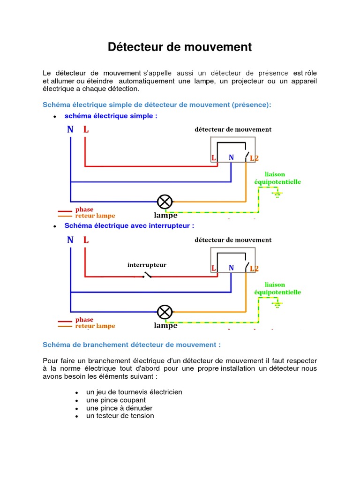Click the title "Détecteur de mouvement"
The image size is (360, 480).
point(180,47)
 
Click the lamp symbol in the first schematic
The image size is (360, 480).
point(165,202)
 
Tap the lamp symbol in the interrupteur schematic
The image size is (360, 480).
point(165,312)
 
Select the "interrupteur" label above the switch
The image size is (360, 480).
point(147,265)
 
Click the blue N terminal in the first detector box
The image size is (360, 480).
point(231,158)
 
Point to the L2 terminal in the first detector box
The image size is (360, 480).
point(254,158)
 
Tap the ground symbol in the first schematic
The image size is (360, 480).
point(277,194)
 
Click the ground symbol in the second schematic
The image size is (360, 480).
point(277,304)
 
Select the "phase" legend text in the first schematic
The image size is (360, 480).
point(84,210)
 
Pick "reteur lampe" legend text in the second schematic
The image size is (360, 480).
point(95,326)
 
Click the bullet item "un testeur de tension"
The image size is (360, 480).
point(120,416)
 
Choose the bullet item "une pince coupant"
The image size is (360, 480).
point(116,400)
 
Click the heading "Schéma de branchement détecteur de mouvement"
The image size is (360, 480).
point(132,345)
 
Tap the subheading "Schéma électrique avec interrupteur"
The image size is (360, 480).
point(129,225)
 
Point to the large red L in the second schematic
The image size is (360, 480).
point(86,240)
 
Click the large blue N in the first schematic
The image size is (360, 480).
point(70,130)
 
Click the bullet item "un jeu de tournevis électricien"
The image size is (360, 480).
point(134,392)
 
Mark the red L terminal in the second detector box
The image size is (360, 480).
point(214,268)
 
